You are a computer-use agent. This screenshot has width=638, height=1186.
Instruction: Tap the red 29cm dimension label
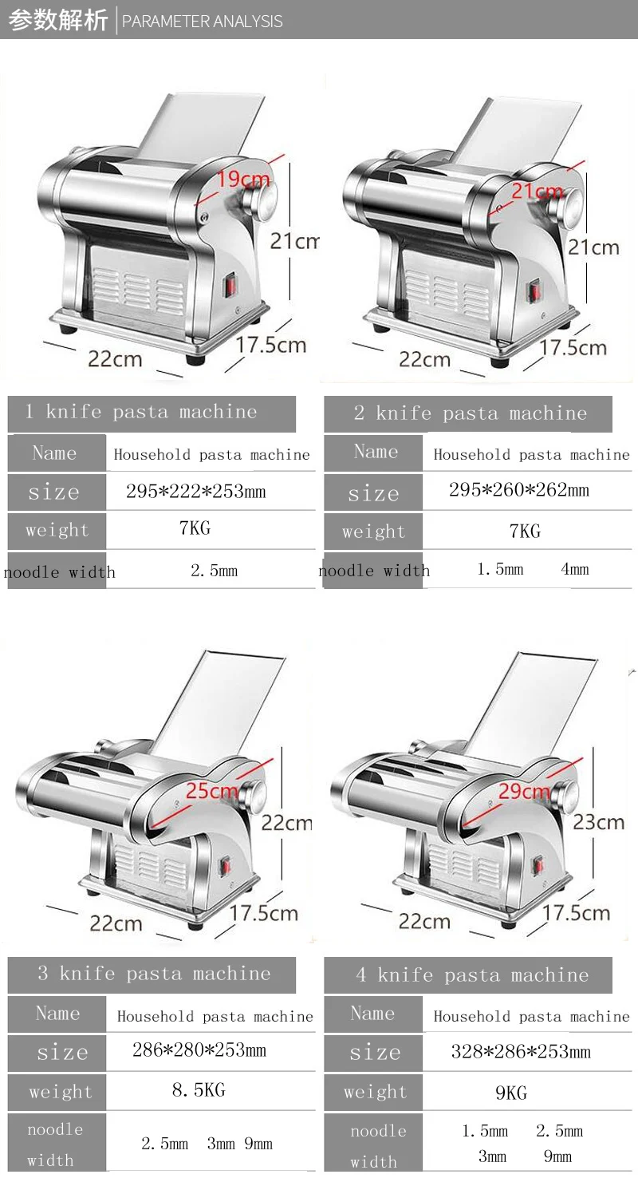pos(524,791)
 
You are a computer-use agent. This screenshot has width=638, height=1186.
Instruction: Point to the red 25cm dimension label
pos(211,791)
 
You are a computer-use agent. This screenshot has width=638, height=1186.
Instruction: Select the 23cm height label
pos(599,821)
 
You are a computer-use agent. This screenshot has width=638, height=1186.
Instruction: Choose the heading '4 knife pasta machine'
pos(471,974)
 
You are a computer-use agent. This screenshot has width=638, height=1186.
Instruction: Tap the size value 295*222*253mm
pos(195,492)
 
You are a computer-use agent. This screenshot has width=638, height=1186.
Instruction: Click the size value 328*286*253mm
pos(521,1052)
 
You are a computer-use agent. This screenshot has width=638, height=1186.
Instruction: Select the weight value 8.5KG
pos(199,1090)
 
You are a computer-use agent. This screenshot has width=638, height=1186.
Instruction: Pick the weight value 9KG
pos(511,1093)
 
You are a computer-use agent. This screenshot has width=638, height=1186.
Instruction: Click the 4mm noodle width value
pos(574,569)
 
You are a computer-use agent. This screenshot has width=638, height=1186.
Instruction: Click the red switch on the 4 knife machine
pos(538,864)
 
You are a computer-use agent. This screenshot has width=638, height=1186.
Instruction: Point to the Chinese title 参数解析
pos(57,20)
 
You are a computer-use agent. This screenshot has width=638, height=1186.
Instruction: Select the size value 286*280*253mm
pos(199,1050)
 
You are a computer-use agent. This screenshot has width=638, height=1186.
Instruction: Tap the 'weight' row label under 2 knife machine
pos(373,532)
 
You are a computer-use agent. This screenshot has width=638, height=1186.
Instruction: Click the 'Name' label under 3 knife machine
pos(57,1014)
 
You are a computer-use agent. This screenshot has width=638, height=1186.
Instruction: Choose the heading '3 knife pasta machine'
pos(154,974)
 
